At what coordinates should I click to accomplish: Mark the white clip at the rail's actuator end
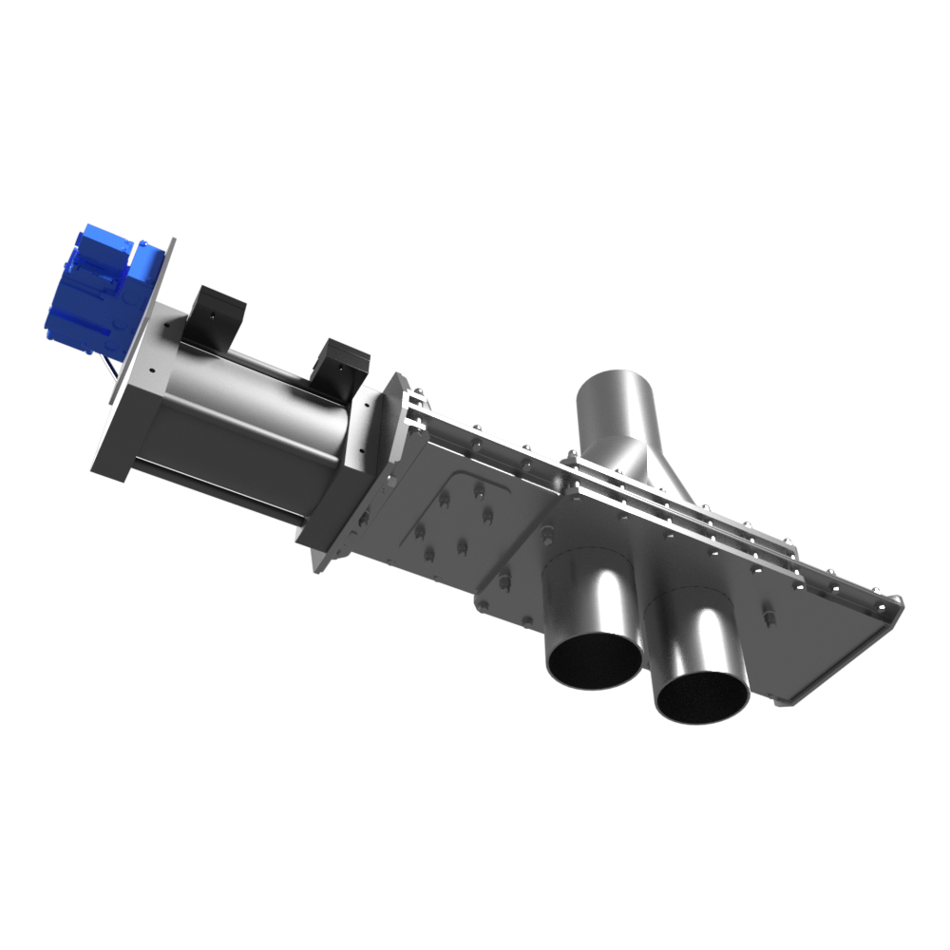point(412,405)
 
